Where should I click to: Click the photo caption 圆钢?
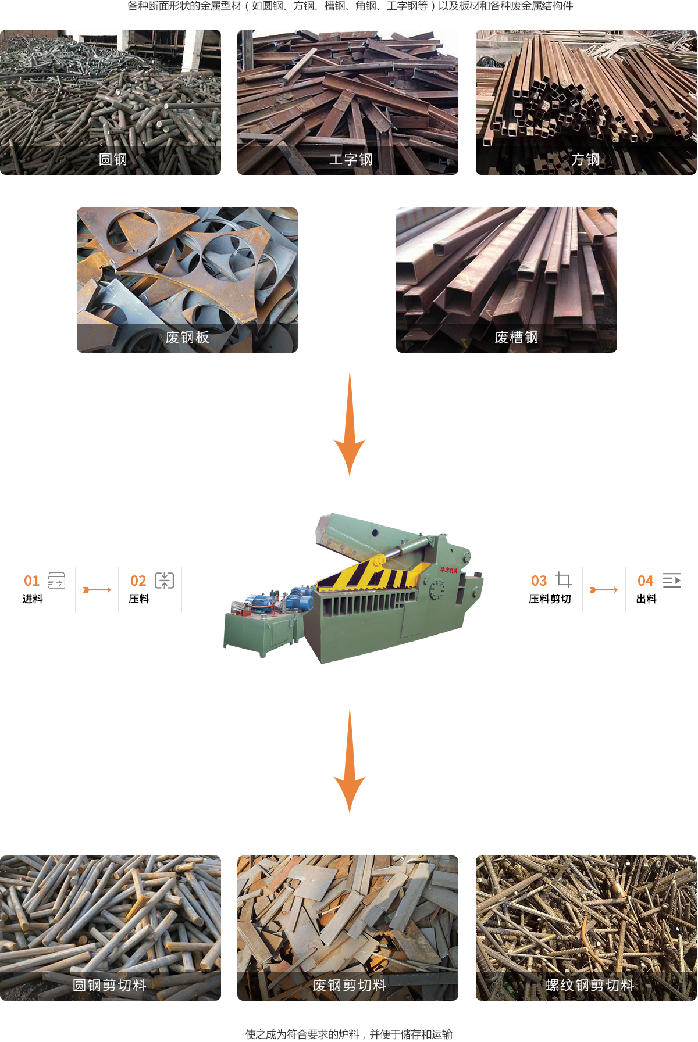(113, 159)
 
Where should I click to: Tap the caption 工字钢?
(351, 159)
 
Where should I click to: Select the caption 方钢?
(585, 159)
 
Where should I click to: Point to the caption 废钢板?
(187, 337)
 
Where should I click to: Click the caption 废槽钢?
(517, 337)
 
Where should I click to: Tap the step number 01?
(32, 581)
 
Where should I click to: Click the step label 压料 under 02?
(139, 599)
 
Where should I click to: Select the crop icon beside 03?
(563, 580)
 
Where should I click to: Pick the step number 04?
(646, 581)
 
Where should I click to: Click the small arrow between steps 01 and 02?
(97, 590)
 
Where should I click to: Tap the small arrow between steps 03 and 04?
(604, 590)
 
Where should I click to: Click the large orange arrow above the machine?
(350, 423)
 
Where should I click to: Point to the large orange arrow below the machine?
(350, 760)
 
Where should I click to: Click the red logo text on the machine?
(449, 570)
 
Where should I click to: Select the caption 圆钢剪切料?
(109, 985)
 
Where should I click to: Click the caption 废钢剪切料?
(350, 985)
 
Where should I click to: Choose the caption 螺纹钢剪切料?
(590, 985)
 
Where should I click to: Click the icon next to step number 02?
(165, 580)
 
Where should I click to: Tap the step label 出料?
(646, 599)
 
